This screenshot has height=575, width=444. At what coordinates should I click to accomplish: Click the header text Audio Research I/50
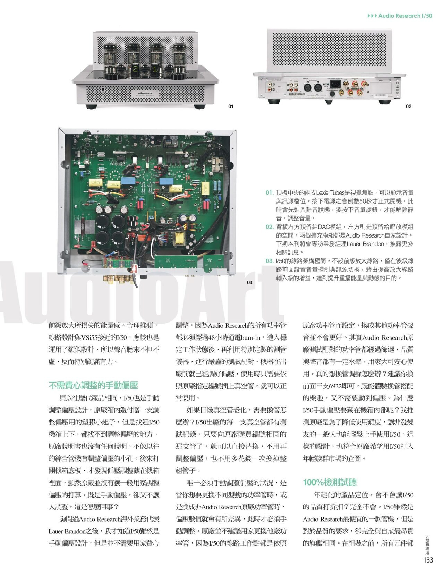click(405, 16)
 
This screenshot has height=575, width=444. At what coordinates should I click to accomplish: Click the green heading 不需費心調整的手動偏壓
click(93, 386)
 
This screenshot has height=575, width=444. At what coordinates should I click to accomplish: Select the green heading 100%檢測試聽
click(330, 482)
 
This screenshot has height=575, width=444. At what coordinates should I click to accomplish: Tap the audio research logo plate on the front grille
click(144, 94)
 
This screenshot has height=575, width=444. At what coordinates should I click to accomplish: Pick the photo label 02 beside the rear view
click(409, 106)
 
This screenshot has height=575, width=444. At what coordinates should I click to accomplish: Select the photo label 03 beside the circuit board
click(249, 282)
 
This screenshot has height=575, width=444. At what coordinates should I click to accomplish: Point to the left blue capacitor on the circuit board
click(128, 181)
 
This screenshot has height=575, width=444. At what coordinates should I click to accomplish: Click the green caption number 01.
click(270, 192)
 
